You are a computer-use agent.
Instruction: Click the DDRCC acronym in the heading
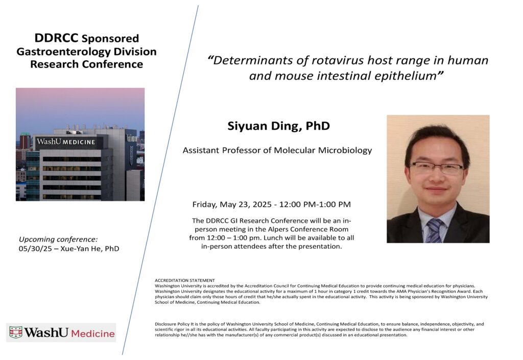coord(57,38)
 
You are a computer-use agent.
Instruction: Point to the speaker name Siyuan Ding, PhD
coord(278,126)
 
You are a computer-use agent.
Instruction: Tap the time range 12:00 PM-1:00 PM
coord(315,204)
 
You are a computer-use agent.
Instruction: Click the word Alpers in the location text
coord(277,229)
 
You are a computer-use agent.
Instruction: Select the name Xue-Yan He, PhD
coord(90,249)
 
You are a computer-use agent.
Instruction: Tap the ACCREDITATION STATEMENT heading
coord(185,280)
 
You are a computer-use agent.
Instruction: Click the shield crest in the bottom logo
coord(16,332)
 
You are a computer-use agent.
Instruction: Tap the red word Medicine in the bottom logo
coord(93,333)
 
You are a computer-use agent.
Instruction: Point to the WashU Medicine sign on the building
coord(66,141)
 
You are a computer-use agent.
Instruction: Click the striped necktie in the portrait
coord(435,230)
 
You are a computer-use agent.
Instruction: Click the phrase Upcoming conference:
coord(58,239)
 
